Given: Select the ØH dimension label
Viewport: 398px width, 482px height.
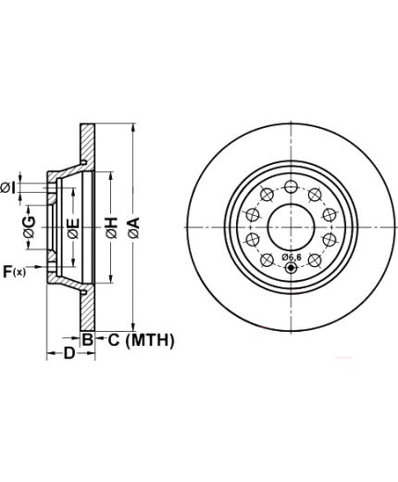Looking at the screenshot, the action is (x=112, y=228).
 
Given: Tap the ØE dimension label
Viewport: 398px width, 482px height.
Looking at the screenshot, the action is (x=74, y=228).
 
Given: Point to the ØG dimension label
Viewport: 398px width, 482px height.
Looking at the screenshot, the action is (x=30, y=227).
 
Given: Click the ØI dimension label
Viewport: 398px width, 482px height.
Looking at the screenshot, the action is (x=8, y=188).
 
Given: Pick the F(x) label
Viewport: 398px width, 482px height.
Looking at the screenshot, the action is (x=14, y=272).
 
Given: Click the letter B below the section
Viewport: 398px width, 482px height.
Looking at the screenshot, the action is (x=87, y=339).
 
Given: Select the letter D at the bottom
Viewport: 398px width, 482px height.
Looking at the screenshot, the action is (x=69, y=353).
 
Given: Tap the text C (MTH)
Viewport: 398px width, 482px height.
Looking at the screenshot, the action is (x=141, y=340).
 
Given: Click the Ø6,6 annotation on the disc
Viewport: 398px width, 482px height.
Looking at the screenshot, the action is (x=292, y=257).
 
